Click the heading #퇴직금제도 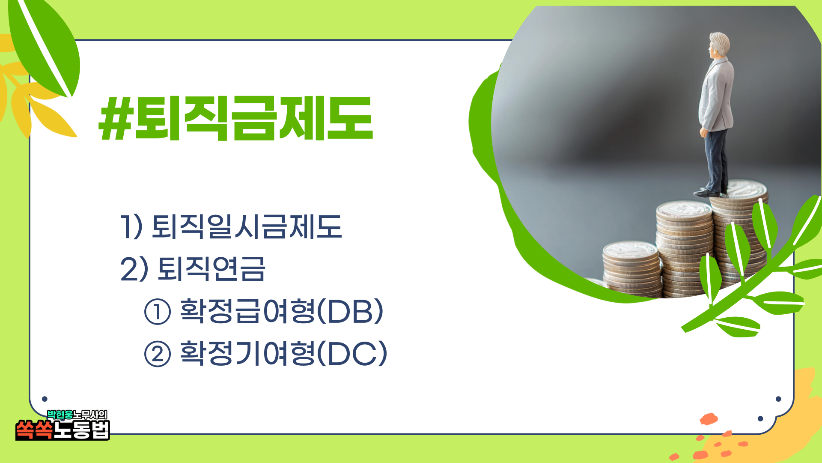click(x=236, y=118)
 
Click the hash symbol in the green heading click(x=116, y=118)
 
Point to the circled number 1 click(x=158, y=312)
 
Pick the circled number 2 click(x=158, y=354)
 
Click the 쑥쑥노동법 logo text click(x=63, y=430)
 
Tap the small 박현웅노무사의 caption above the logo click(x=77, y=415)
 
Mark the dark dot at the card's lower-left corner click(x=45, y=399)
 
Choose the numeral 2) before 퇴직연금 click(x=134, y=269)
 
